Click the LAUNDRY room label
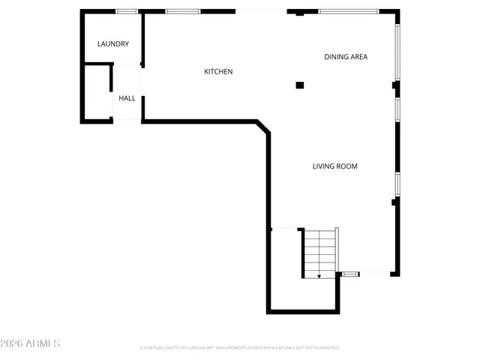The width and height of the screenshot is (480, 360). point(113,44)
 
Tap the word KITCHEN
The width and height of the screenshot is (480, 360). point(219,72)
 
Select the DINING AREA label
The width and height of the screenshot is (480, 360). point(346,57)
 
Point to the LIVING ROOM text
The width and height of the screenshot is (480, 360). point(335,166)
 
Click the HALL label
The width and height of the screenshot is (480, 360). point(127,98)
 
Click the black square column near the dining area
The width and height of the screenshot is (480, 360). point(300,85)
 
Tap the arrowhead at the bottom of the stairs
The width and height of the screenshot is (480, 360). point(319,276)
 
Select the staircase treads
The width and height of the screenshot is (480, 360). point(320,251)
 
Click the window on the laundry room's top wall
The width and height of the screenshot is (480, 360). point(127,11)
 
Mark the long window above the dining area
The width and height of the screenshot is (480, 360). point(348,11)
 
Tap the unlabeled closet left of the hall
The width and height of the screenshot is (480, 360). point(97,92)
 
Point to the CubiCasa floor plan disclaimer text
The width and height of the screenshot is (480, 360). point(239,348)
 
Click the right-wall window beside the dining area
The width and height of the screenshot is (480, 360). point(398,52)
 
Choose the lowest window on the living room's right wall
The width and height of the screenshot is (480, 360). point(398,184)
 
